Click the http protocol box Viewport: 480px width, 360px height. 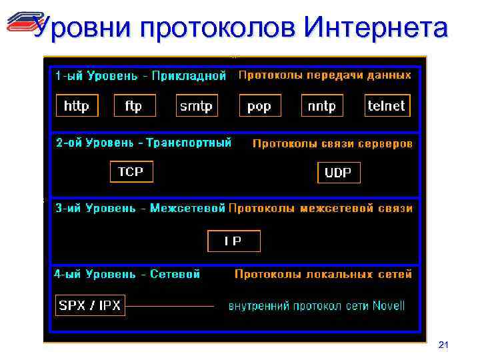click(x=77, y=106)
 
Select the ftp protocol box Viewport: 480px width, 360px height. click(x=134, y=106)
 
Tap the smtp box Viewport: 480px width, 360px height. click(x=197, y=106)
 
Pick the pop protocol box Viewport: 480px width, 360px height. click(x=259, y=106)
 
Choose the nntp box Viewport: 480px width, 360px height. click(x=322, y=106)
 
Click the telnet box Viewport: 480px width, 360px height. click(x=387, y=105)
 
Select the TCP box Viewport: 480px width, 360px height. click(x=131, y=172)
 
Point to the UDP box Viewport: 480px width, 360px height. click(x=339, y=173)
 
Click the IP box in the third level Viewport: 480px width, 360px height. click(x=233, y=241)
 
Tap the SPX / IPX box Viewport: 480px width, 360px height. click(x=90, y=305)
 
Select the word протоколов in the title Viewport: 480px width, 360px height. click(x=219, y=28)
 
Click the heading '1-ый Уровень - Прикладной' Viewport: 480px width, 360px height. click(x=141, y=76)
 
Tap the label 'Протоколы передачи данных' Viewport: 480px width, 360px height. click(x=325, y=75)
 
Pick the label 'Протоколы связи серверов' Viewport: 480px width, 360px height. click(x=332, y=143)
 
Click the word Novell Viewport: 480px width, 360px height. click(x=389, y=307)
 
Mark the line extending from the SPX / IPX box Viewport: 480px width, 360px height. click(x=170, y=306)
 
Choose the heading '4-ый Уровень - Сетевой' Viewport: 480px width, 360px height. click(x=127, y=274)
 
